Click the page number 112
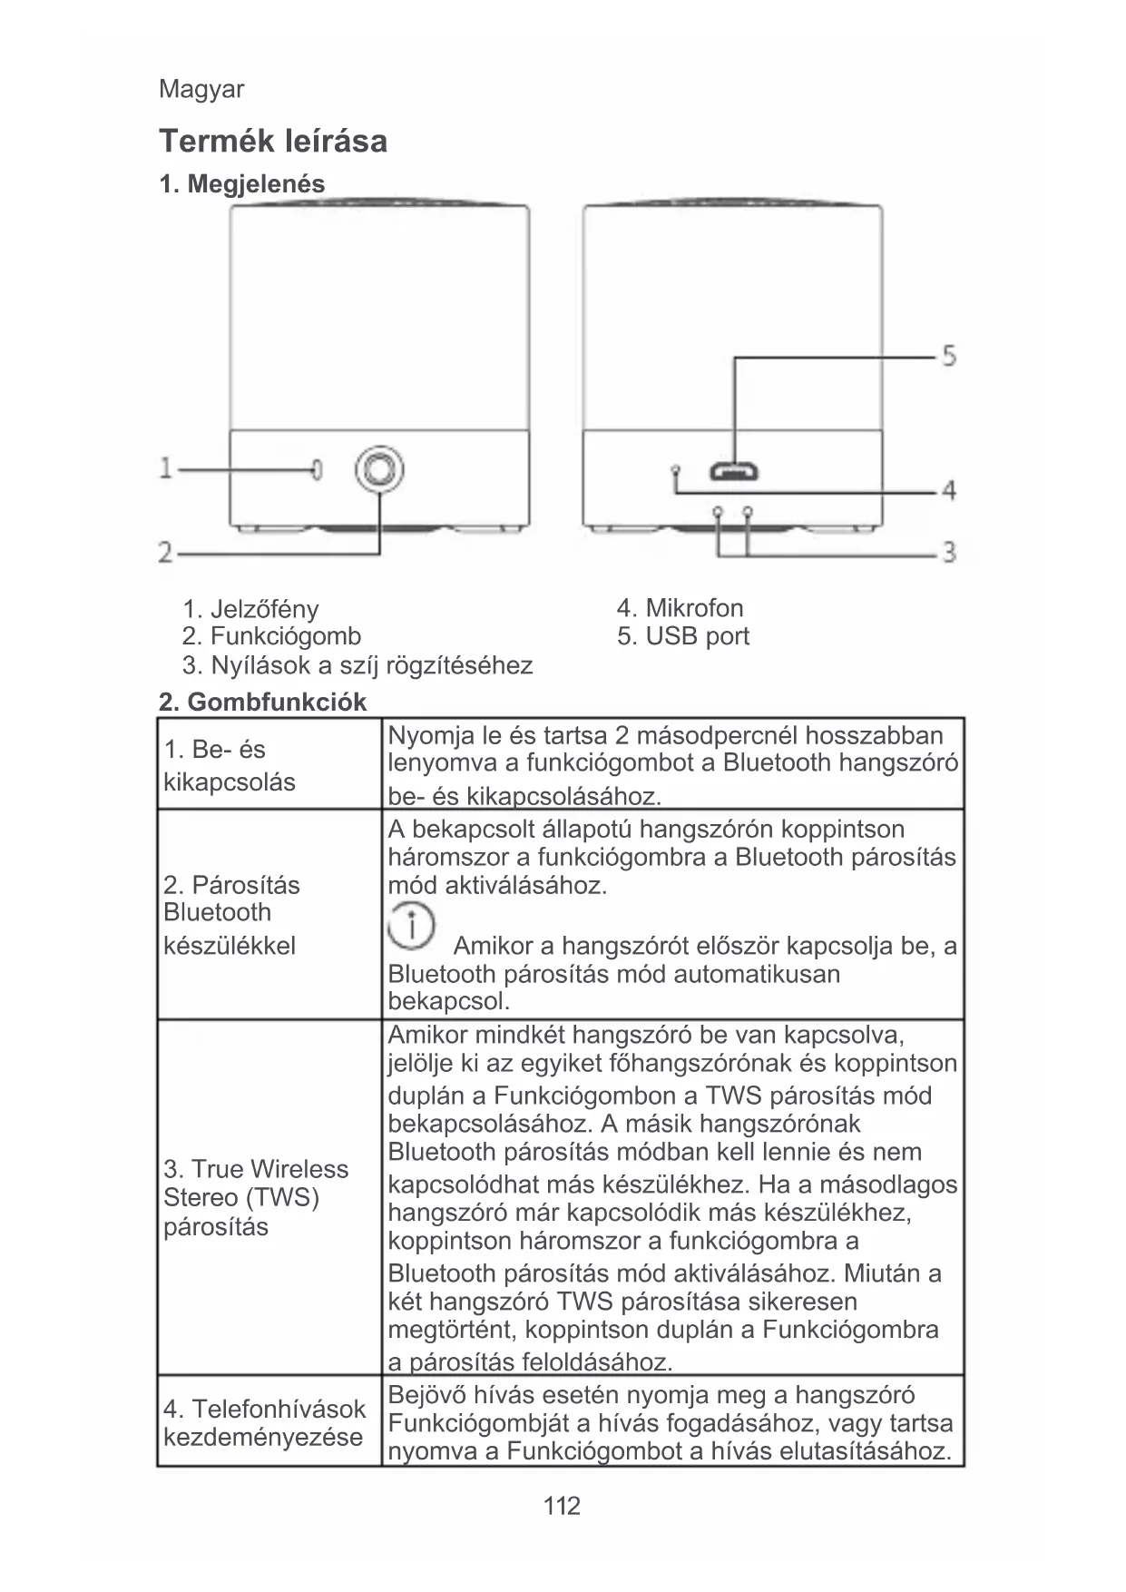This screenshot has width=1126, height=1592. (x=562, y=1506)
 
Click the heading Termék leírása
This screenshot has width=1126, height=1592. (x=273, y=141)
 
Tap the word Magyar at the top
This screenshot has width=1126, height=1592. (x=201, y=89)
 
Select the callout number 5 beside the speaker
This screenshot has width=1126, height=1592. (x=948, y=355)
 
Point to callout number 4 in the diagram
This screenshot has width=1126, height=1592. (x=948, y=491)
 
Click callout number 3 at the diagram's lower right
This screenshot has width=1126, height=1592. (x=948, y=551)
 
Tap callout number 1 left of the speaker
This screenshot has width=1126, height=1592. (x=166, y=468)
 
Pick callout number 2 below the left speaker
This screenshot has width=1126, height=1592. (x=166, y=551)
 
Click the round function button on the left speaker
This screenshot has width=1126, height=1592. (x=379, y=469)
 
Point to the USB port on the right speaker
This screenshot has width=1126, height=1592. (x=734, y=472)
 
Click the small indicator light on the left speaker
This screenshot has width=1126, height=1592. (x=317, y=469)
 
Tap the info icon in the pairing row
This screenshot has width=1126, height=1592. (x=412, y=926)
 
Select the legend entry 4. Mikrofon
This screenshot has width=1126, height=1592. (x=680, y=607)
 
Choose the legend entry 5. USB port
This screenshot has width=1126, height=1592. (x=683, y=636)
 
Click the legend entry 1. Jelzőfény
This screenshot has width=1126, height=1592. (x=250, y=608)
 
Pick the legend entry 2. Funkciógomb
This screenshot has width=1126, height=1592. (x=271, y=636)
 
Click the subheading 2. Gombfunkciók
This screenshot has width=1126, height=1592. (x=262, y=702)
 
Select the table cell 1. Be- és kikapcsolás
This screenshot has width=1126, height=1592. (x=230, y=765)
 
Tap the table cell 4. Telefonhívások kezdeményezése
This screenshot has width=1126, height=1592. (x=264, y=1422)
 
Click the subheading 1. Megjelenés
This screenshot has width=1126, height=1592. (x=241, y=184)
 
